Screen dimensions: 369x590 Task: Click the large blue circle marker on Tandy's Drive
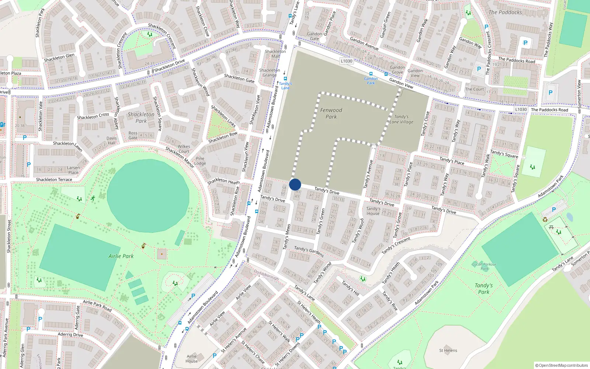click(295, 184)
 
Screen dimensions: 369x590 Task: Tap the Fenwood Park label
click(331, 113)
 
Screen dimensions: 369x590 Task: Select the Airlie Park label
click(121, 256)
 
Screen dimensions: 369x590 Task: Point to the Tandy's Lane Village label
click(401, 119)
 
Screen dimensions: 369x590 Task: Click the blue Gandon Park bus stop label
click(371, 81)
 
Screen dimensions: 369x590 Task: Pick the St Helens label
click(448, 351)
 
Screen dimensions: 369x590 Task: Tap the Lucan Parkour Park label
click(485, 266)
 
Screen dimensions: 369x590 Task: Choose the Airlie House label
click(192, 359)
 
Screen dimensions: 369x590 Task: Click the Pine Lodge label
click(200, 161)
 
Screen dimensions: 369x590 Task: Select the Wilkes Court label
click(184, 149)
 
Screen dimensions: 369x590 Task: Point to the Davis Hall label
click(111, 141)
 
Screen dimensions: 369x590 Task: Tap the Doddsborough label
click(266, 274)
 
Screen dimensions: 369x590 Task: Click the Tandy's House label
click(373, 211)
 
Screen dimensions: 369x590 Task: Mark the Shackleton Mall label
click(275, 54)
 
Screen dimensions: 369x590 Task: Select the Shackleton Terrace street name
click(54, 180)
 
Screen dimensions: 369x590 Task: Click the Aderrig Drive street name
click(70, 335)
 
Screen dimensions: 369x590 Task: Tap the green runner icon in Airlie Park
click(93, 199)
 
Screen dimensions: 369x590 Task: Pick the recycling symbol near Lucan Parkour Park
click(545, 220)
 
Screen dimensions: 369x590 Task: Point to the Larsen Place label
click(73, 170)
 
